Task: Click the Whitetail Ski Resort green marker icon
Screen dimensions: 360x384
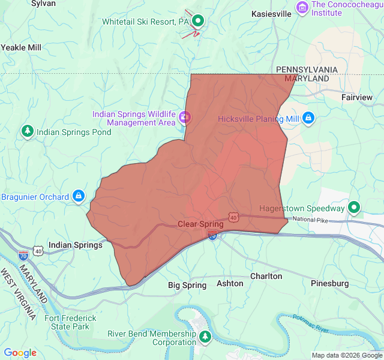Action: (198, 21)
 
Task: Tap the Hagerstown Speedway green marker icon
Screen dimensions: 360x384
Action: (354, 208)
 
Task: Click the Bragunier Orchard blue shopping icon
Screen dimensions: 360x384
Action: (78, 196)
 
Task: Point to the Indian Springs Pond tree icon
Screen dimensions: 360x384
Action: (27, 131)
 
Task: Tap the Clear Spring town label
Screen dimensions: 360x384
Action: (200, 224)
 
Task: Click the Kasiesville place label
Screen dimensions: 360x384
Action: (271, 14)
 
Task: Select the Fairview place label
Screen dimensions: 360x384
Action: (357, 97)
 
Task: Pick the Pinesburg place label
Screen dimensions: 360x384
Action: (329, 283)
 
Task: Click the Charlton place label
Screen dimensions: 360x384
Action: (266, 276)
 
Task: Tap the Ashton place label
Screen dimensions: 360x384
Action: (230, 283)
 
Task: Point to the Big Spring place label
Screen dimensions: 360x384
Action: (187, 285)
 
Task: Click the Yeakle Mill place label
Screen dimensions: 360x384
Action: (22, 47)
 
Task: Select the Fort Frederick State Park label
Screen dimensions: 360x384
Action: (70, 322)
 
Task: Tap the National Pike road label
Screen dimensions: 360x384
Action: (309, 220)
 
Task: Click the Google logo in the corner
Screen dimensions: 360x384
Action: (20, 353)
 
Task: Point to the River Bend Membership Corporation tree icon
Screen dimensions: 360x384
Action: (206, 337)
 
